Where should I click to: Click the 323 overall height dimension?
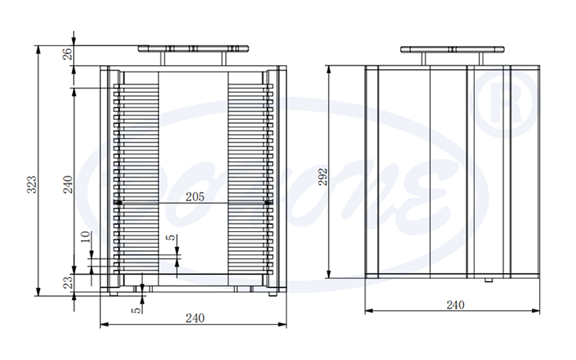(31, 184)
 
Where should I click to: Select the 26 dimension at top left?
(68, 54)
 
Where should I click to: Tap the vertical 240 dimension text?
(68, 184)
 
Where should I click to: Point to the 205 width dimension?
(195, 197)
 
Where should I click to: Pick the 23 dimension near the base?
(68, 283)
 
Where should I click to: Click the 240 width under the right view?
(455, 305)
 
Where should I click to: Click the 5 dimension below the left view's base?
(136, 309)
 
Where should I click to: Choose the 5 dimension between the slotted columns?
(171, 239)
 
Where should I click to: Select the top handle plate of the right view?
(453, 50)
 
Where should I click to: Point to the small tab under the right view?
(488, 280)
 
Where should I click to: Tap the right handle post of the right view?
(483, 59)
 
